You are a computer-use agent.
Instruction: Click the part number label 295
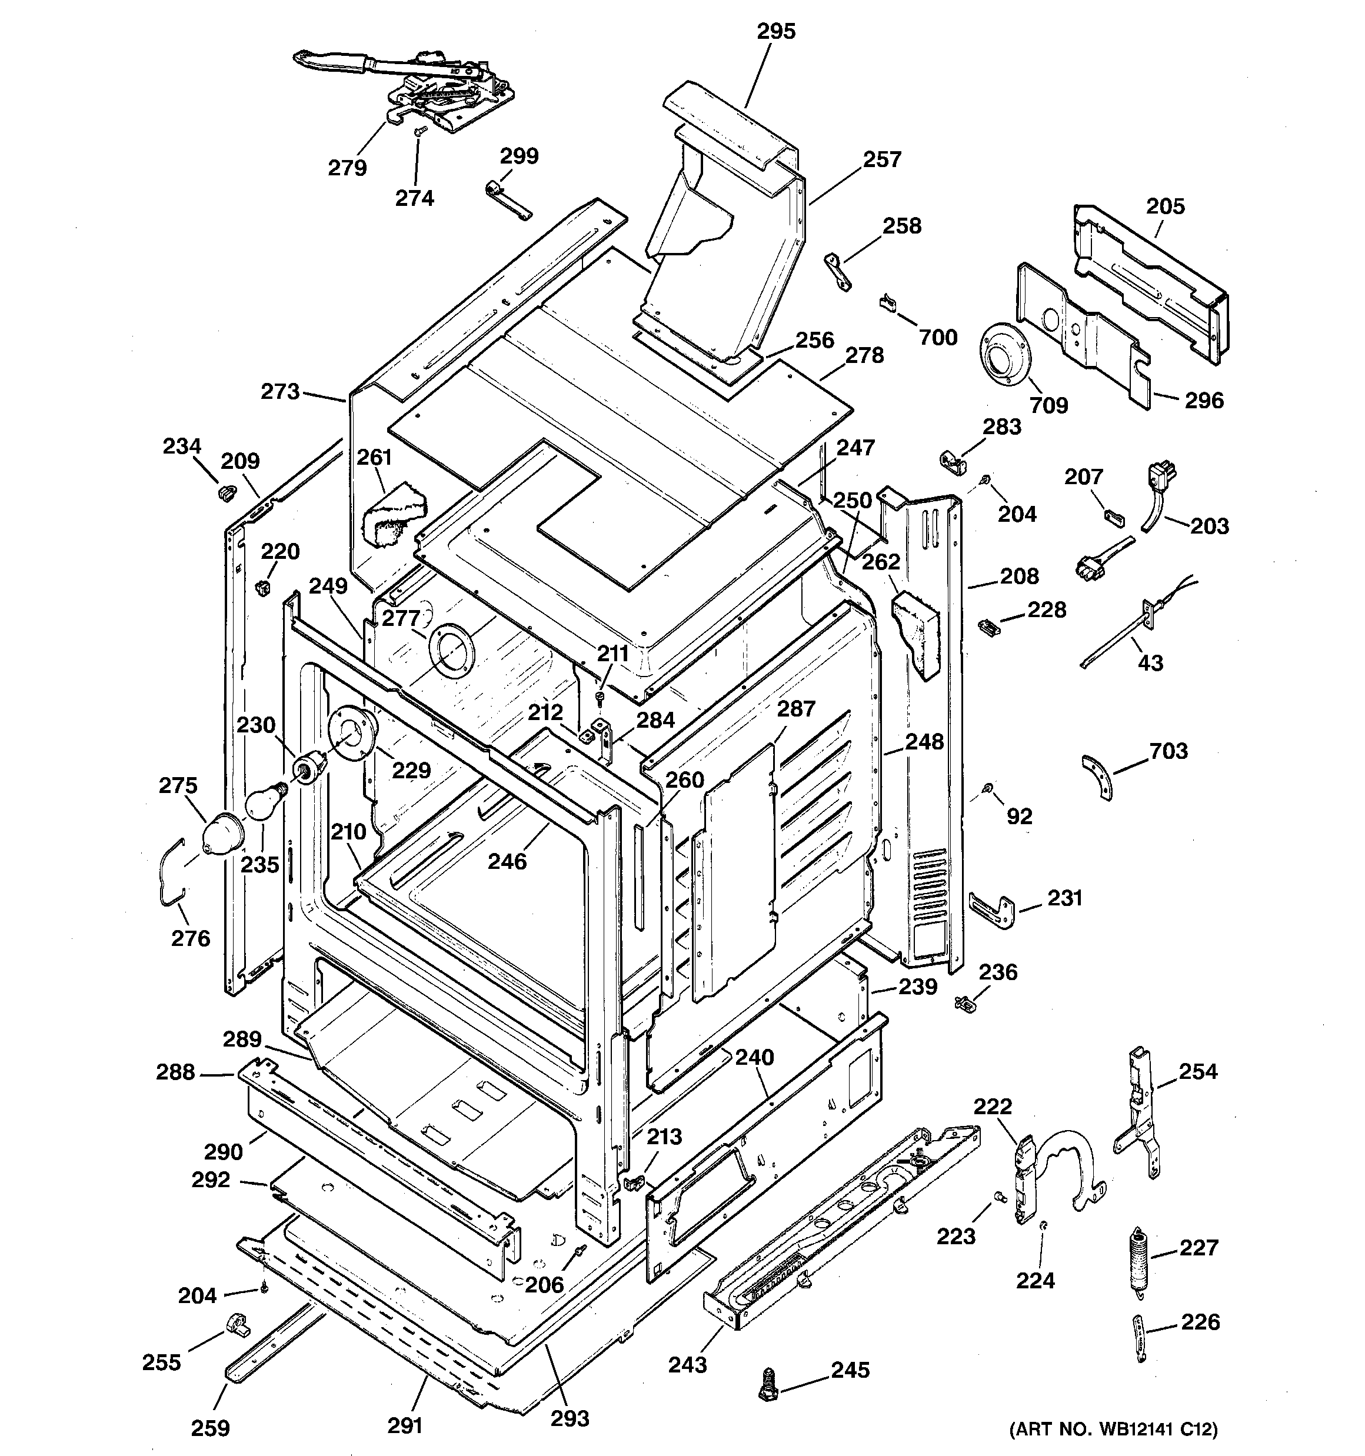(775, 32)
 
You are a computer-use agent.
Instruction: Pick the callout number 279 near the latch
(347, 168)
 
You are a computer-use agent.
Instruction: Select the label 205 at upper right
(1165, 206)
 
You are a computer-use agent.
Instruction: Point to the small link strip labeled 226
(1138, 1337)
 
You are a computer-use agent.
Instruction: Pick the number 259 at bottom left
(210, 1427)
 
